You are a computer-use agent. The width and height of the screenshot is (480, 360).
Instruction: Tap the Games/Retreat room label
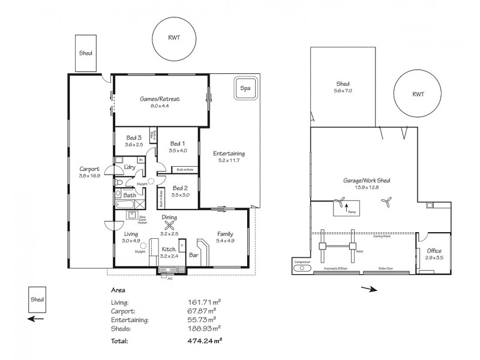(160, 98)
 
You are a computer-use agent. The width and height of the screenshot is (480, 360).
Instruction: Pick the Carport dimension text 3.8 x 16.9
(89, 176)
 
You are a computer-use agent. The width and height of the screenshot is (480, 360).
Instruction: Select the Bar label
(194, 255)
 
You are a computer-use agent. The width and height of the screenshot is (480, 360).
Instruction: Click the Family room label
(225, 234)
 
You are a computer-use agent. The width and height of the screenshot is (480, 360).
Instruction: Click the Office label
(434, 250)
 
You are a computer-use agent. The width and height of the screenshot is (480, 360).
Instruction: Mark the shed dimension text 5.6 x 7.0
(343, 91)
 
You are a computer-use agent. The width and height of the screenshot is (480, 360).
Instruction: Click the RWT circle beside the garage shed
(418, 94)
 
